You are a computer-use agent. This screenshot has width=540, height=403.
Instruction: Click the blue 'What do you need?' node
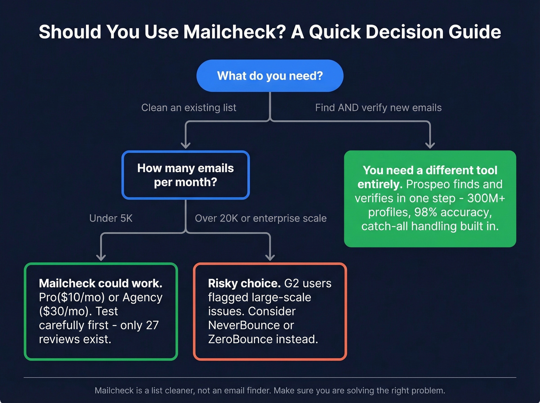click(x=270, y=76)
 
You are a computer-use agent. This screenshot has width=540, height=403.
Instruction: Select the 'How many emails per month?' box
click(x=186, y=175)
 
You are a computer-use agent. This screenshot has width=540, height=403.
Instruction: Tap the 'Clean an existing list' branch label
click(x=189, y=108)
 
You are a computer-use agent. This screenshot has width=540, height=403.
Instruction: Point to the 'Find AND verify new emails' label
click(x=378, y=108)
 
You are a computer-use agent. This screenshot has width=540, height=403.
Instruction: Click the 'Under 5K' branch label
click(x=111, y=218)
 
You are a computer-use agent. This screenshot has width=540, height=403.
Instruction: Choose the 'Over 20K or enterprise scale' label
click(x=260, y=218)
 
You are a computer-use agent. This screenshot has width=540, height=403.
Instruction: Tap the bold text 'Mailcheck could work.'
click(x=100, y=283)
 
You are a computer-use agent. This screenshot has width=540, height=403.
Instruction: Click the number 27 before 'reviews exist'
click(x=152, y=325)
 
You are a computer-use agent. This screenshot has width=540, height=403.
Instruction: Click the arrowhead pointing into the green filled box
click(x=430, y=145)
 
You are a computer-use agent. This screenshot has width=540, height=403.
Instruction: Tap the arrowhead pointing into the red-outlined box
click(x=270, y=257)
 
